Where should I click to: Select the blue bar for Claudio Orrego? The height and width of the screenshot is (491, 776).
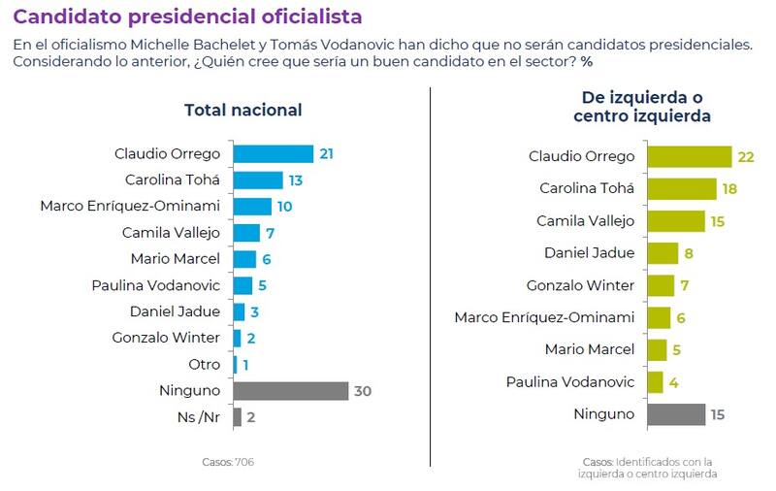tap(273, 153)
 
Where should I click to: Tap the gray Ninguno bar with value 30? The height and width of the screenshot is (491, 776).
tap(290, 391)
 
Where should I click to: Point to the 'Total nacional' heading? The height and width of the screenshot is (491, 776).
tap(242, 110)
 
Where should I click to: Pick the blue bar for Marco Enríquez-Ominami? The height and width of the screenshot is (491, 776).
tap(252, 206)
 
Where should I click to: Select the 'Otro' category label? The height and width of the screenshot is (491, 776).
tap(204, 365)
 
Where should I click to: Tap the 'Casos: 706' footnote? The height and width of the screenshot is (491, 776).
tap(228, 462)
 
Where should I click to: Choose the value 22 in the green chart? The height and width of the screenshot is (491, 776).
tap(745, 157)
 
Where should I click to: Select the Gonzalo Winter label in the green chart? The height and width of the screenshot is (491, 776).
tap(580, 285)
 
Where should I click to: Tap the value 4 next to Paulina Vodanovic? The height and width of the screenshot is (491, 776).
tap(674, 382)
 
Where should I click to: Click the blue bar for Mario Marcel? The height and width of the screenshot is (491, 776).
tap(244, 259)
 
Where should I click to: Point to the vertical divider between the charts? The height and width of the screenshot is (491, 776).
tap(430, 281)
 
